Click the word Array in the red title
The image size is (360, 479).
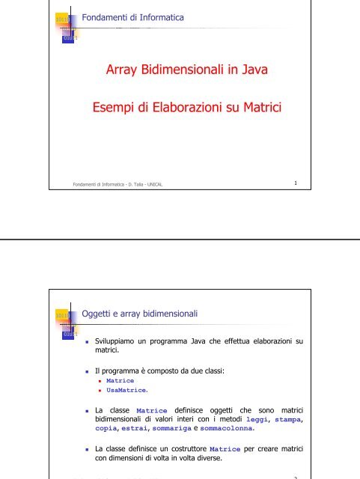(x=120, y=72)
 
